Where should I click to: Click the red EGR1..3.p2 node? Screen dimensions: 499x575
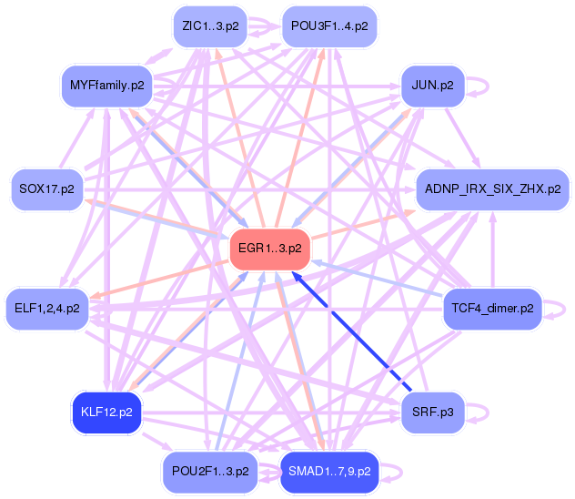(x=270, y=248)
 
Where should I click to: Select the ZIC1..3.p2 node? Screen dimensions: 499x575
(x=210, y=27)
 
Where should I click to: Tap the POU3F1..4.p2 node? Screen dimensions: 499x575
(x=328, y=27)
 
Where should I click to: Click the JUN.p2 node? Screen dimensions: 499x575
(x=433, y=87)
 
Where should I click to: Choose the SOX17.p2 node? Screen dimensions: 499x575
(x=46, y=189)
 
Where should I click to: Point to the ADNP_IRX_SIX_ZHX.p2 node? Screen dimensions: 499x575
(x=492, y=189)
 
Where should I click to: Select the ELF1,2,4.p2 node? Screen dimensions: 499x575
(x=46, y=309)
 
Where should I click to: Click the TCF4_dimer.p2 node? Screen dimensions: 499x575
(x=492, y=309)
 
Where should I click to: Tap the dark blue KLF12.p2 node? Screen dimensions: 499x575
(x=106, y=412)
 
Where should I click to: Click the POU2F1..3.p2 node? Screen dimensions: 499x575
(x=210, y=472)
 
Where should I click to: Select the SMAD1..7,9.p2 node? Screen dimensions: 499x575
(x=328, y=472)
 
